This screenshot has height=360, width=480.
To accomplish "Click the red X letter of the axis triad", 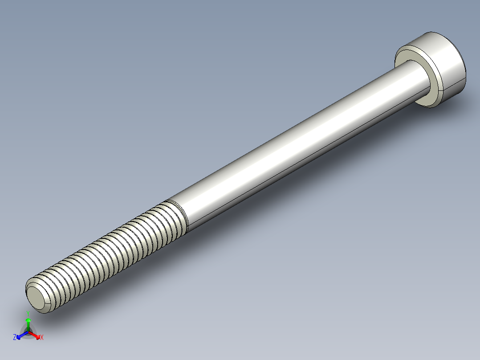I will (x=42, y=338).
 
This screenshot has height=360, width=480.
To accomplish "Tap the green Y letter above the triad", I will (x=28, y=313).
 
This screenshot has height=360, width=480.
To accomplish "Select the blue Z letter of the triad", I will (x=15, y=338).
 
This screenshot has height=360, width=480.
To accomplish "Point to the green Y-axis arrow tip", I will (x=28, y=320).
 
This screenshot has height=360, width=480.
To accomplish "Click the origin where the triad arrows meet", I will (x=28, y=332).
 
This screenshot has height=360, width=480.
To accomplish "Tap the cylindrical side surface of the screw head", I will (x=447, y=67).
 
